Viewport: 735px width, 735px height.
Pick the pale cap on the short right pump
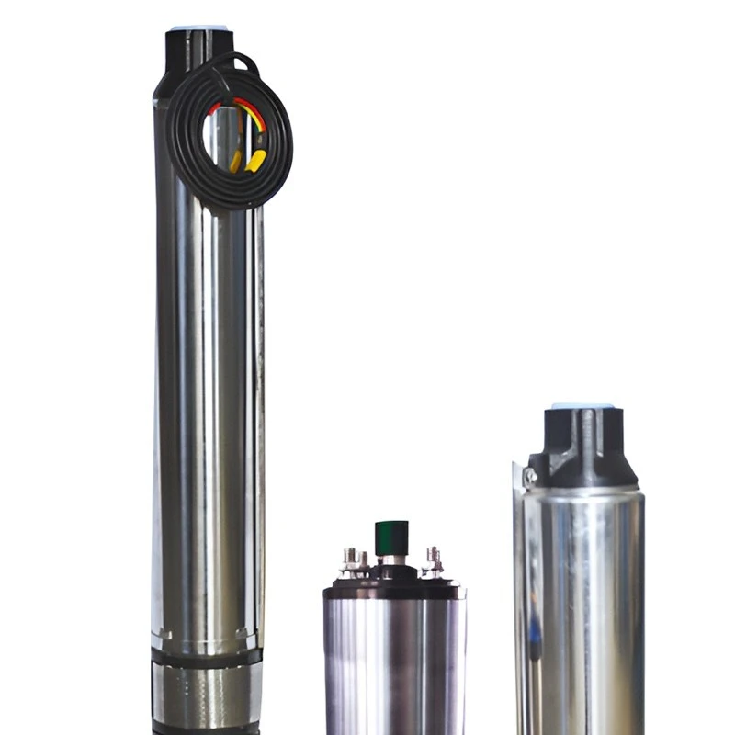click(582, 405)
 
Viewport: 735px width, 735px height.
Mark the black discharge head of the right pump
click(582, 450)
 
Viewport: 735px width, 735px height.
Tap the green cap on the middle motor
click(392, 537)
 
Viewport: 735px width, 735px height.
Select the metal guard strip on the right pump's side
click(520, 597)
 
